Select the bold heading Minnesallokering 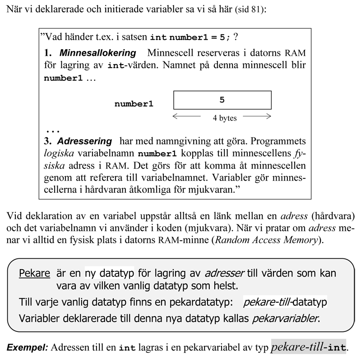97,53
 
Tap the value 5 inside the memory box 222,100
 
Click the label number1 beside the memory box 134,104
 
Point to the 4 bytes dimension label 225,118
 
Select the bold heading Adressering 84,140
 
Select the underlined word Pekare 34,273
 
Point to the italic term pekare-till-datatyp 285,302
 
